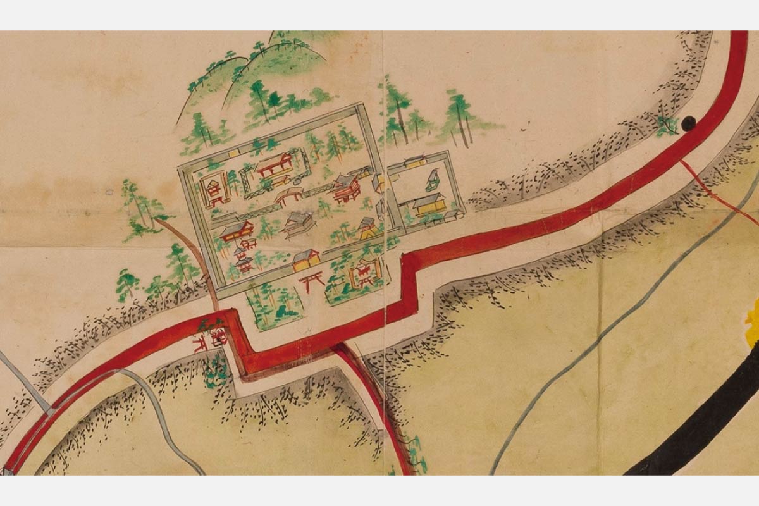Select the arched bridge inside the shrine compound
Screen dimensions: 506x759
pos(288,195)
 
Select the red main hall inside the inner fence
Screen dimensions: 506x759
pos(275,166)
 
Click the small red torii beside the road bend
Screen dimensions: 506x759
pos(201,342)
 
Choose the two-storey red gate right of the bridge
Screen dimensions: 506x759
pos(347,188)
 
